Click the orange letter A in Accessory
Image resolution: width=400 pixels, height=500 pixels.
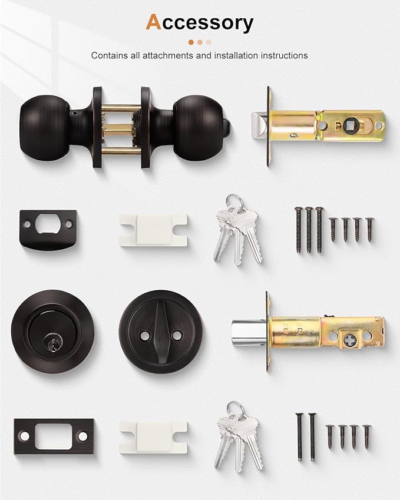[153, 22]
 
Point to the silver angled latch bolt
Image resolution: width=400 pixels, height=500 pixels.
[257, 125]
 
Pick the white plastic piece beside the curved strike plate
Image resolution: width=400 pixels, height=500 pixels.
[153, 229]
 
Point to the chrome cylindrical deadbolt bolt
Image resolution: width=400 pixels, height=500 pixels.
[249, 332]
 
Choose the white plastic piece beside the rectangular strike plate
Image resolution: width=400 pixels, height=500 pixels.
[153, 437]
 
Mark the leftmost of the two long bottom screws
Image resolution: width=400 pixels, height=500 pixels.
[299, 436]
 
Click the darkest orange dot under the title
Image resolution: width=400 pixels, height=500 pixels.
[191, 42]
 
